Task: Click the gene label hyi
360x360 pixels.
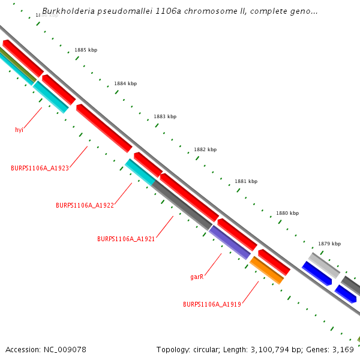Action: point(19,129)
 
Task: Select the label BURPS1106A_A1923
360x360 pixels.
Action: point(40,168)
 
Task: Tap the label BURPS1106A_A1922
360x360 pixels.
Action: point(85,205)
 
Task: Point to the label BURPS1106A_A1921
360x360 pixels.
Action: point(126,239)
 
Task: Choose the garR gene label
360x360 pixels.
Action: point(197,277)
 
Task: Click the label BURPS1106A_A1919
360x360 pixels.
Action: point(212,304)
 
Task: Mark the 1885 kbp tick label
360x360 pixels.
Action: point(86,50)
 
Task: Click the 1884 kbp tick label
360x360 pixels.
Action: point(125,83)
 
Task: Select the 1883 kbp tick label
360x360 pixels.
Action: point(165,116)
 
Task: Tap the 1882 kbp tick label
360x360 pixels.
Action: point(205,149)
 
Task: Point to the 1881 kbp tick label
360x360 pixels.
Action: point(246,181)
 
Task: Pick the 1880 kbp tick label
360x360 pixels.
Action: point(287,213)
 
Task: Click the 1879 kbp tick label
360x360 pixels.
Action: point(329,244)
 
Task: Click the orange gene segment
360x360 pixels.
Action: point(266,270)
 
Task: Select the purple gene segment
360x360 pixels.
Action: point(229,242)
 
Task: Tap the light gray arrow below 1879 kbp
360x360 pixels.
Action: point(324,264)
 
